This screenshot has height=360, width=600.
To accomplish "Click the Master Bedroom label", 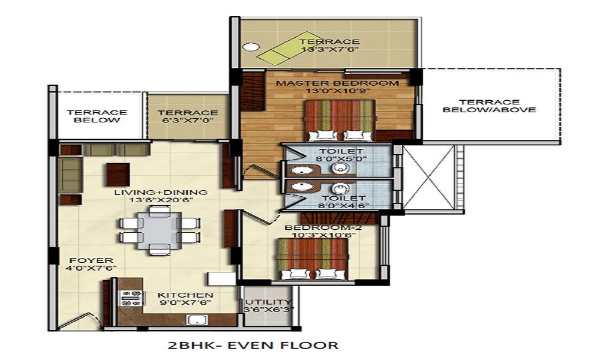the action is coord(337,83).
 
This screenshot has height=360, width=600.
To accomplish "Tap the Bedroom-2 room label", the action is coord(323,228).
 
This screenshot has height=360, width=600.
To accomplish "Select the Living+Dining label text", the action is coord(161,193).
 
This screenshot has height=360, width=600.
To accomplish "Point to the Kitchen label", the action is coord(185,295).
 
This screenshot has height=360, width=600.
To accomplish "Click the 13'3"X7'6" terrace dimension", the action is coord(329,49).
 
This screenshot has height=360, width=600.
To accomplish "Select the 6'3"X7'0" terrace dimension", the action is coord(188,121).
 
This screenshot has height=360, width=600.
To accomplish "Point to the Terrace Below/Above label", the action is coord(490,106).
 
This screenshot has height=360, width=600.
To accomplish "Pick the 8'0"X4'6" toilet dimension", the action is coord(343,205).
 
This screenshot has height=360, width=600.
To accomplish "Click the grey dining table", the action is coord(160,230).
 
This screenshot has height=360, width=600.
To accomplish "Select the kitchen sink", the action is coord(197,320).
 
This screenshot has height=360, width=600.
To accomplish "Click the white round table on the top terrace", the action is coord(251,47).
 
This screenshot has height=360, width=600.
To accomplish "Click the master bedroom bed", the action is coord(340,120).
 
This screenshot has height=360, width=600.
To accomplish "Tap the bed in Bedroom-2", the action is coord(312,259).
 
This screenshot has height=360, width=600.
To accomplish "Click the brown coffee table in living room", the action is coord(118,174).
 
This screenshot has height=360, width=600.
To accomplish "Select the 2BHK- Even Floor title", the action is coord(253,345).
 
